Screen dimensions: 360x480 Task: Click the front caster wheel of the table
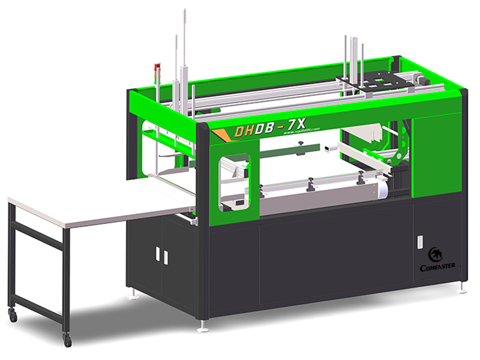[x=67, y=340]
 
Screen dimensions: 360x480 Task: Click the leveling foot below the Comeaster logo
[x=461, y=290]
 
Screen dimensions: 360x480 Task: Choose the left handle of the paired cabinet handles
[x=157, y=254]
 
